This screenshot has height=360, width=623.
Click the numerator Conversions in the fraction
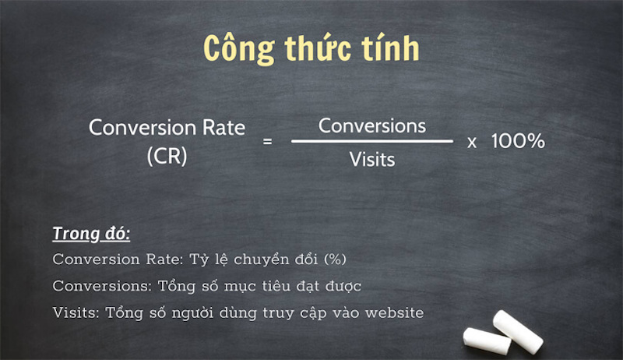[372, 125]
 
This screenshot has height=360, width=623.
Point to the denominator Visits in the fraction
[371, 160]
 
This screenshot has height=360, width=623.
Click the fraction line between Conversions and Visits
[372, 142]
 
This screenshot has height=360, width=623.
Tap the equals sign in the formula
[268, 143]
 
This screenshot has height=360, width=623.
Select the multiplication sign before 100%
[472, 143]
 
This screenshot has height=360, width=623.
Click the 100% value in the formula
[518, 143]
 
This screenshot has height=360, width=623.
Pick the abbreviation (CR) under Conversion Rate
[167, 155]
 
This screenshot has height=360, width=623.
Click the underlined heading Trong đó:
[91, 234]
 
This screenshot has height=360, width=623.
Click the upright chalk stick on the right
[517, 330]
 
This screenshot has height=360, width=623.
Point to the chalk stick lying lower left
[487, 337]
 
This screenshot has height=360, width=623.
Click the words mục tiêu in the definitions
[252, 286]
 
